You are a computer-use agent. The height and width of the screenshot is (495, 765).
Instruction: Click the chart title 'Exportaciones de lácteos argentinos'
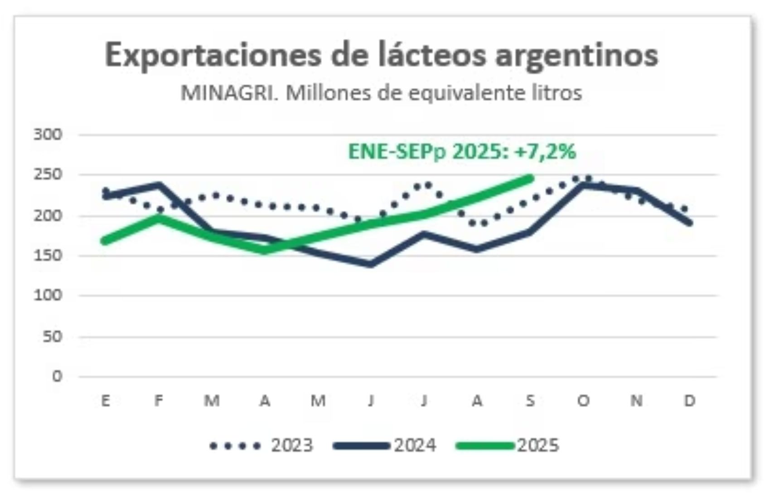(381, 55)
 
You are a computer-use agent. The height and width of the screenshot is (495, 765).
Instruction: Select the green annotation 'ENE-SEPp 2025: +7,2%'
(462, 151)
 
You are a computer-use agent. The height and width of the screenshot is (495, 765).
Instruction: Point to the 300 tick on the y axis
(48, 134)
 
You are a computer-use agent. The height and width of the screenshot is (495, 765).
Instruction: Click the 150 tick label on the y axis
(48, 255)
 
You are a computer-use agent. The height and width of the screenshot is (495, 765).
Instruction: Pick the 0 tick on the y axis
(57, 376)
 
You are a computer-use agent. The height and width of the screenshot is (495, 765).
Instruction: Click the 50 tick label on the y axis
(52, 336)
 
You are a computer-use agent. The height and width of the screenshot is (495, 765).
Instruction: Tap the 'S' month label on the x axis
(530, 401)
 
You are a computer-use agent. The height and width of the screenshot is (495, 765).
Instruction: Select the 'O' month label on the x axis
(583, 401)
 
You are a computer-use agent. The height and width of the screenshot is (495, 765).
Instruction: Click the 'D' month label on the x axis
(689, 401)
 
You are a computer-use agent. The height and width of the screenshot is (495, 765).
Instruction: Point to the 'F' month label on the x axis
(159, 401)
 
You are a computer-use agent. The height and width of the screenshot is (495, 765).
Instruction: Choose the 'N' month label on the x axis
(636, 401)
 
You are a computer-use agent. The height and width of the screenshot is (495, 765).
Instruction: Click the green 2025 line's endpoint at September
(530, 178)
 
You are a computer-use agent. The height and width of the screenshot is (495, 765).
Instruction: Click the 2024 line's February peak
(159, 184)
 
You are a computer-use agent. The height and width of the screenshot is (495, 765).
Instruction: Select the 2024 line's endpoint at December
(689, 223)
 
